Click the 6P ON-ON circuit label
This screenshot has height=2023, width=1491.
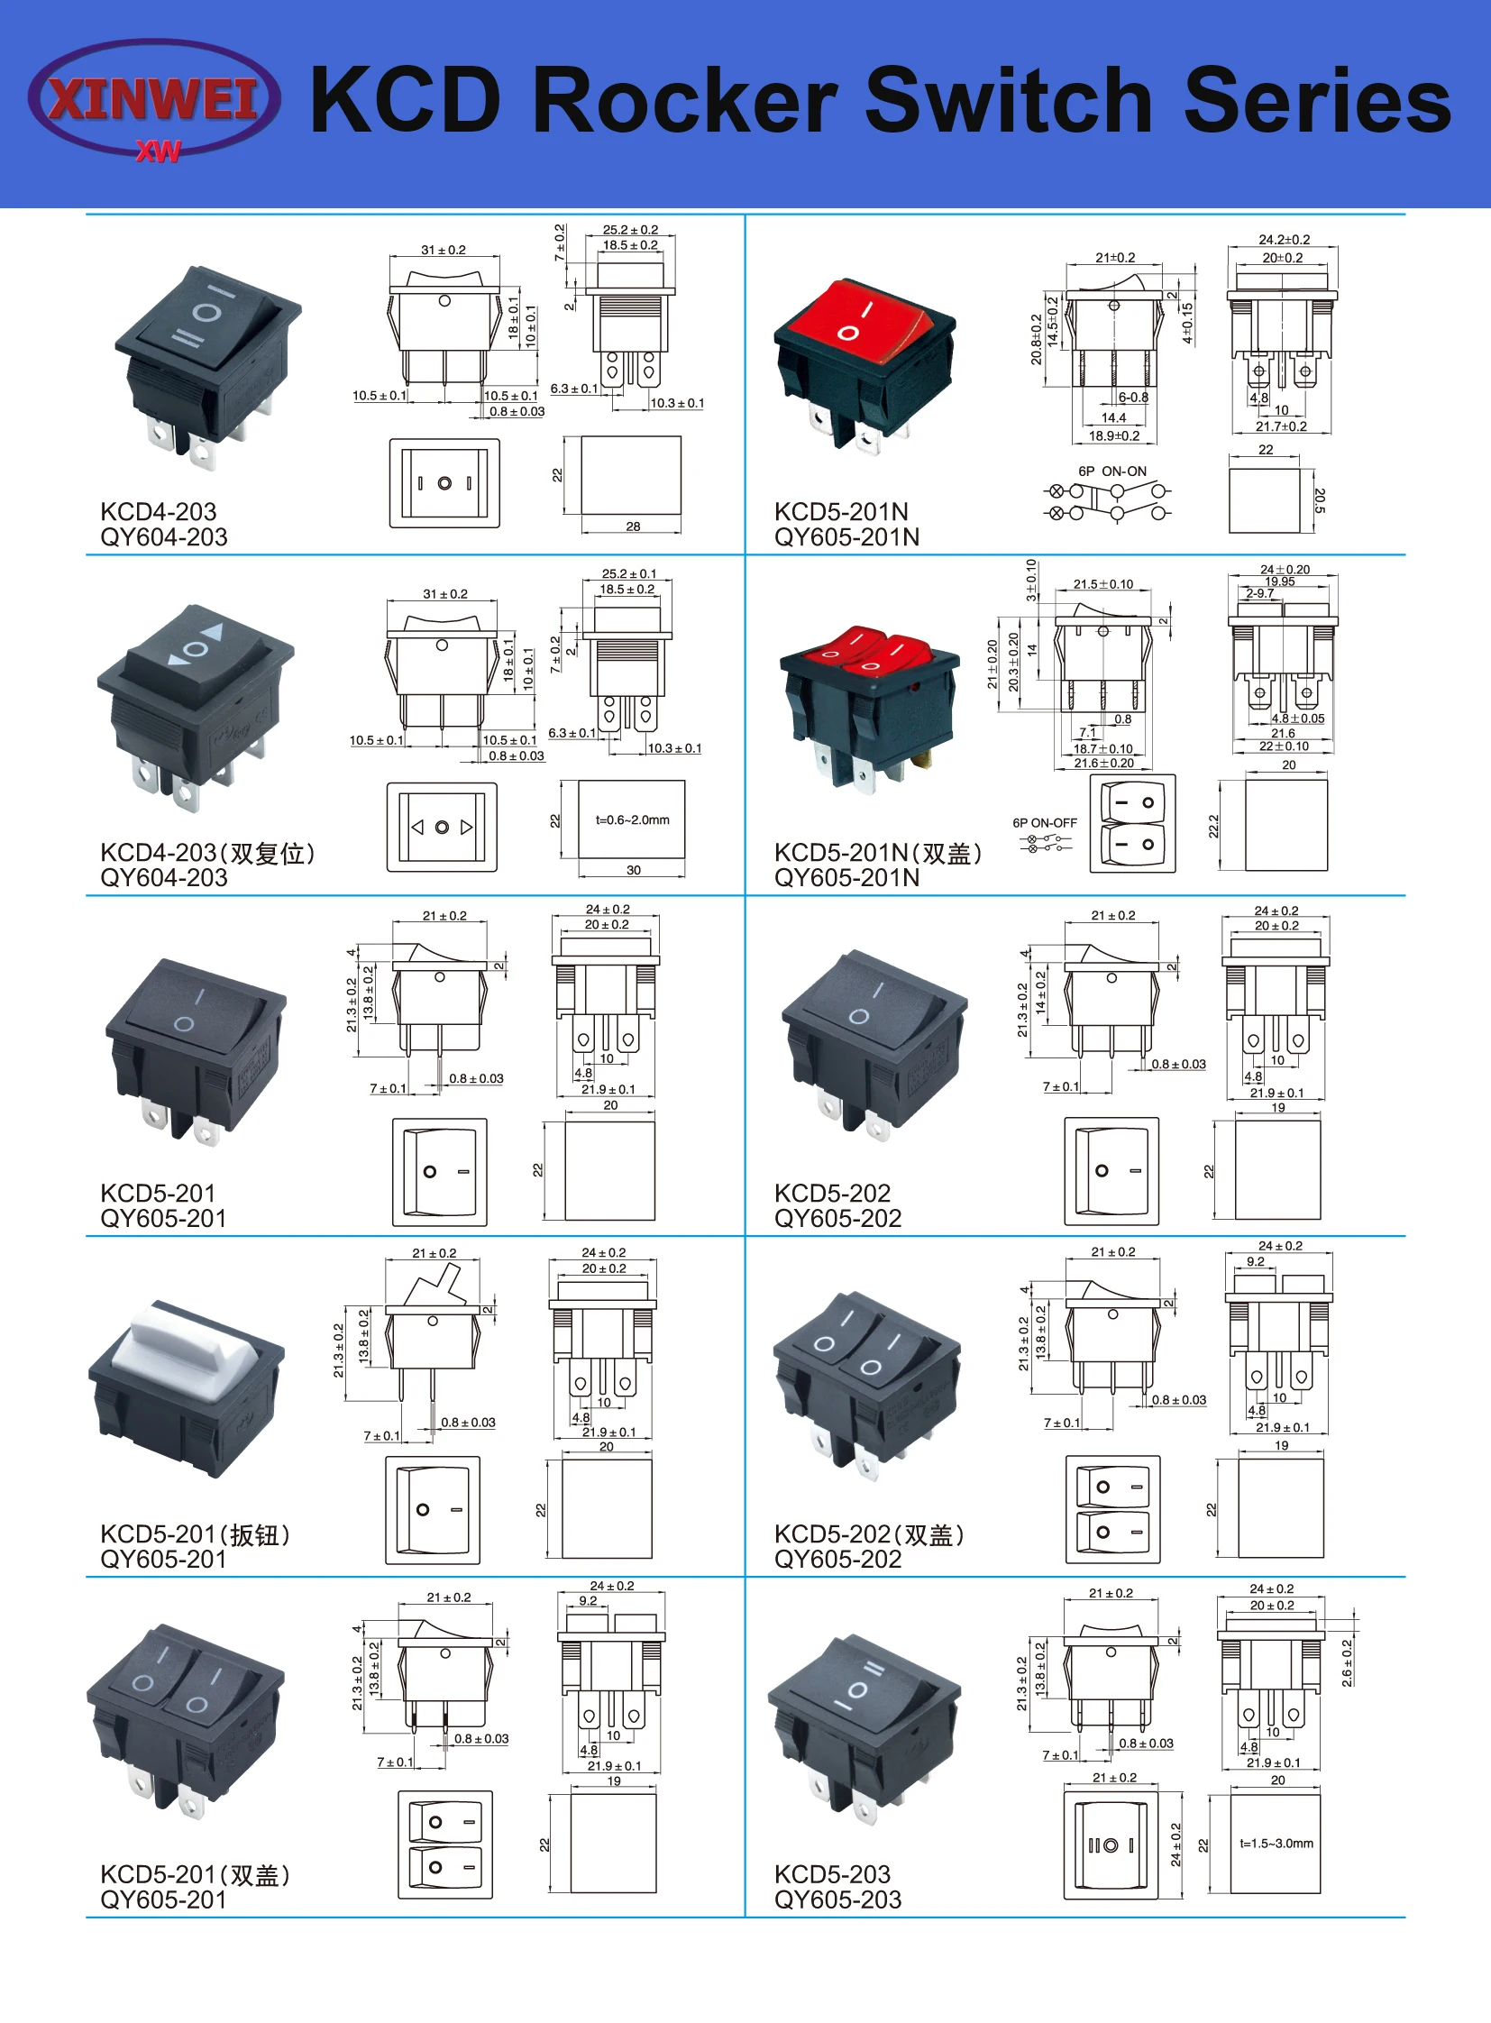[1111, 471]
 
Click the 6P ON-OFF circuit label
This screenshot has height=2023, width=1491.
[1044, 822]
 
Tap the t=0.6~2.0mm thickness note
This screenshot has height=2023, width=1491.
[632, 819]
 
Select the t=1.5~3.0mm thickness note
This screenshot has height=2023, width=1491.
[1276, 1843]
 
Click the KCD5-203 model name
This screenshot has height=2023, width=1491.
[832, 1874]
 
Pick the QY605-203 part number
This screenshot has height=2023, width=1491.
[837, 1899]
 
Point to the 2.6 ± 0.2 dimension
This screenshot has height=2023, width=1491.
[1347, 1662]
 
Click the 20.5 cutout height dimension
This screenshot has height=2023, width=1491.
[1320, 501]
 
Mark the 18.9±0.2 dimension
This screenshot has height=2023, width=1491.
[1113, 435]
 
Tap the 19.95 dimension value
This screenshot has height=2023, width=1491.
[1280, 581]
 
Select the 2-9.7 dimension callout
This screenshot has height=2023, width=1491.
[1259, 593]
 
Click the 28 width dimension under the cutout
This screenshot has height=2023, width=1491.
[633, 526]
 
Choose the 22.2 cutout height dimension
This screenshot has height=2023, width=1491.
[1214, 826]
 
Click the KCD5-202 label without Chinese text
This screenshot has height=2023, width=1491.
[832, 1193]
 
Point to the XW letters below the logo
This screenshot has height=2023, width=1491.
[159, 151]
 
